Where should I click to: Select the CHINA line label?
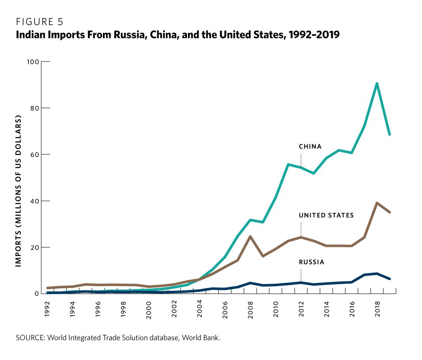pyautogui.click(x=310, y=147)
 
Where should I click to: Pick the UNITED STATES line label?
pyautogui.click(x=326, y=215)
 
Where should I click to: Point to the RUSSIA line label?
pyautogui.click(x=311, y=262)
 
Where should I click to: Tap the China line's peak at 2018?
pyautogui.click(x=377, y=83)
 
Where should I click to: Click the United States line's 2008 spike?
pyautogui.click(x=250, y=236)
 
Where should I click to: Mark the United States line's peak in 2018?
pyautogui.click(x=377, y=203)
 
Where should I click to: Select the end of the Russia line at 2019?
pyautogui.click(x=390, y=279)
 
